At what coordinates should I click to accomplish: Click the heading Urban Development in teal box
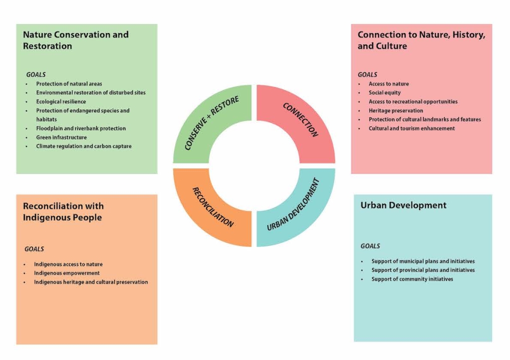(403, 205)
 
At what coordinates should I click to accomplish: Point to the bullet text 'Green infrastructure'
(61, 137)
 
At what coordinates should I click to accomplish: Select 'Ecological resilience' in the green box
(61, 101)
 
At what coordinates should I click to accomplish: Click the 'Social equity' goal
(384, 92)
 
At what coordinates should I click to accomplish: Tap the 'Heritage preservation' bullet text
(395, 110)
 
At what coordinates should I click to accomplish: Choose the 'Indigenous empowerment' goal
(67, 273)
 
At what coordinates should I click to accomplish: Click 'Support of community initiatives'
(412, 279)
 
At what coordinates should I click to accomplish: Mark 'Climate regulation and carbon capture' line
(84, 146)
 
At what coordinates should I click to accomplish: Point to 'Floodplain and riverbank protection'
(81, 128)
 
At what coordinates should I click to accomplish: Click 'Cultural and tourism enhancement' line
(411, 128)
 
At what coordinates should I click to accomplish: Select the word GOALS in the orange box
(34, 249)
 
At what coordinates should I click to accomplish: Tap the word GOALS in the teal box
(370, 246)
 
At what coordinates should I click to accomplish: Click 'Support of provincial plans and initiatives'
(423, 270)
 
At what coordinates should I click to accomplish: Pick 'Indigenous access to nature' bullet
(68, 264)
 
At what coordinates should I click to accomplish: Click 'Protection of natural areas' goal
(69, 83)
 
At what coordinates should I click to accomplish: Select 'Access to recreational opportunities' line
(413, 101)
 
